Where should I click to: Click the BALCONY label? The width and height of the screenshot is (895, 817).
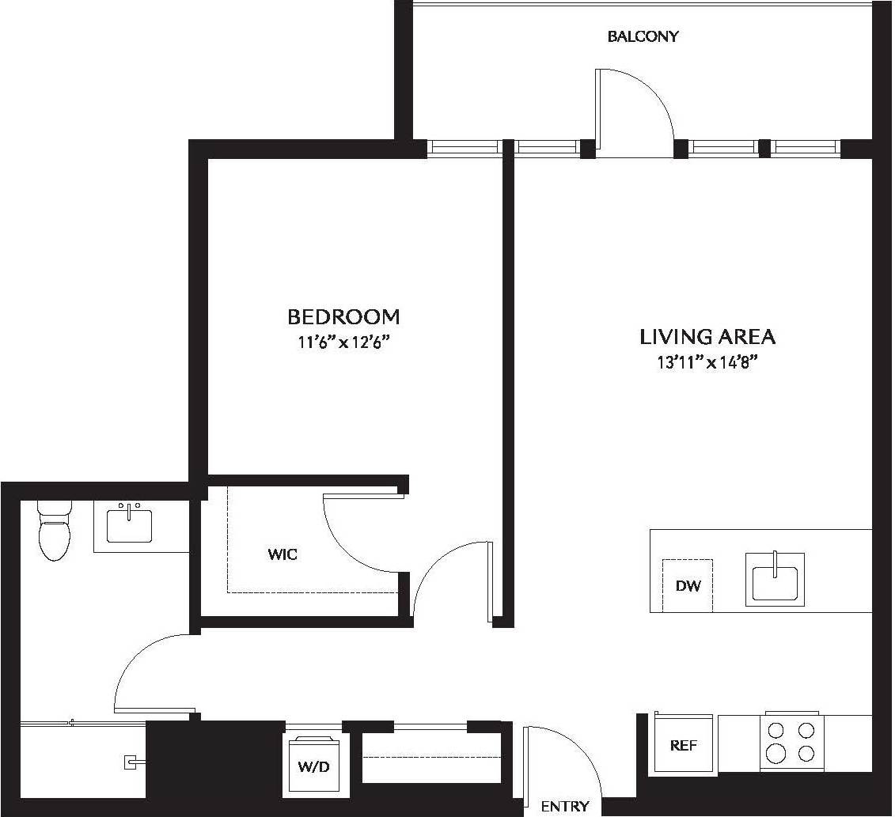(x=643, y=36)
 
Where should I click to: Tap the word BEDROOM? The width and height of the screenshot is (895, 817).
(x=343, y=317)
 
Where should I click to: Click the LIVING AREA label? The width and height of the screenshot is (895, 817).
(x=707, y=337)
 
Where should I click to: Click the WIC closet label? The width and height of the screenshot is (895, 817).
(x=283, y=554)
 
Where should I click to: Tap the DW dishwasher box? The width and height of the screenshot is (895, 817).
(x=688, y=586)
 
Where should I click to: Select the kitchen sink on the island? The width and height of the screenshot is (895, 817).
(x=775, y=580)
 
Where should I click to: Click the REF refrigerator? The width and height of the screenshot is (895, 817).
(x=684, y=745)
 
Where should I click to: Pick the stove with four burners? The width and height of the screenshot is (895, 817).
(x=791, y=742)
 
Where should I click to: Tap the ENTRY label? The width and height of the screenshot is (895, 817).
(x=565, y=807)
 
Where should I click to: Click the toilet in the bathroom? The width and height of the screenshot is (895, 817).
(x=55, y=531)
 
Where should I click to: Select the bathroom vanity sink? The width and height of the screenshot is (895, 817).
(x=129, y=524)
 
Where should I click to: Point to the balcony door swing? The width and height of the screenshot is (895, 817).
(x=637, y=103)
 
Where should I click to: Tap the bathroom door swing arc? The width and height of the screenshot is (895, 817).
(x=146, y=664)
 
